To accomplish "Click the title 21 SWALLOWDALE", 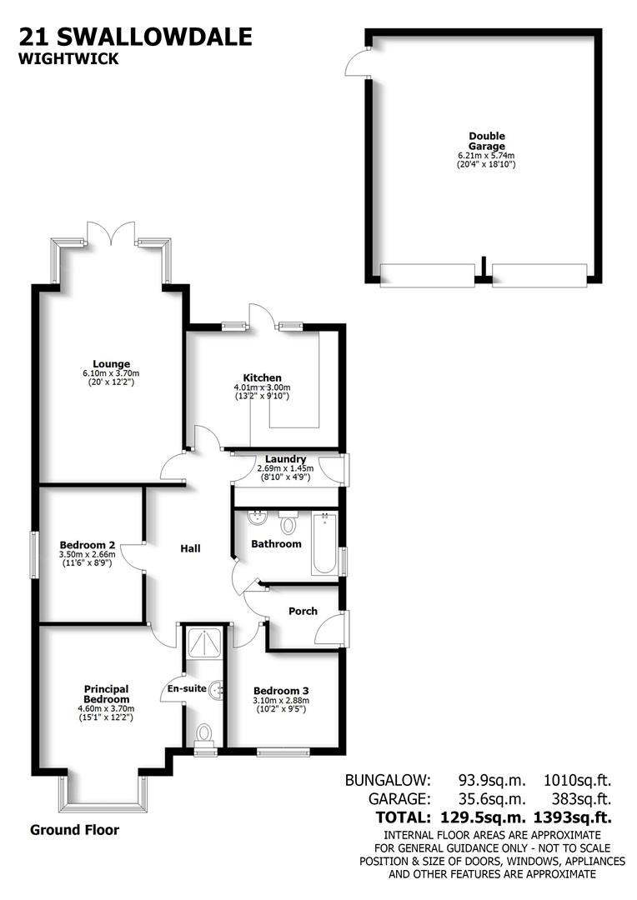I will point(134,37).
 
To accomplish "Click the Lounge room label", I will point(111,363).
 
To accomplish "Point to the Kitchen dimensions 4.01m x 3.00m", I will point(263,387).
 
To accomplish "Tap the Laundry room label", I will point(285,459).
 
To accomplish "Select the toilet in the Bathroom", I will point(288,523).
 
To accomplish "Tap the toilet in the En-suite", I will point(203,732).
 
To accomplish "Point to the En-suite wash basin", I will point(218,689).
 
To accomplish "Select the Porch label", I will point(303,611).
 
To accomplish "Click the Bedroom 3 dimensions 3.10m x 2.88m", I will point(282,701).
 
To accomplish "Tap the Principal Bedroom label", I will point(106,693).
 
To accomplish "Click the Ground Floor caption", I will point(74,830).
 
